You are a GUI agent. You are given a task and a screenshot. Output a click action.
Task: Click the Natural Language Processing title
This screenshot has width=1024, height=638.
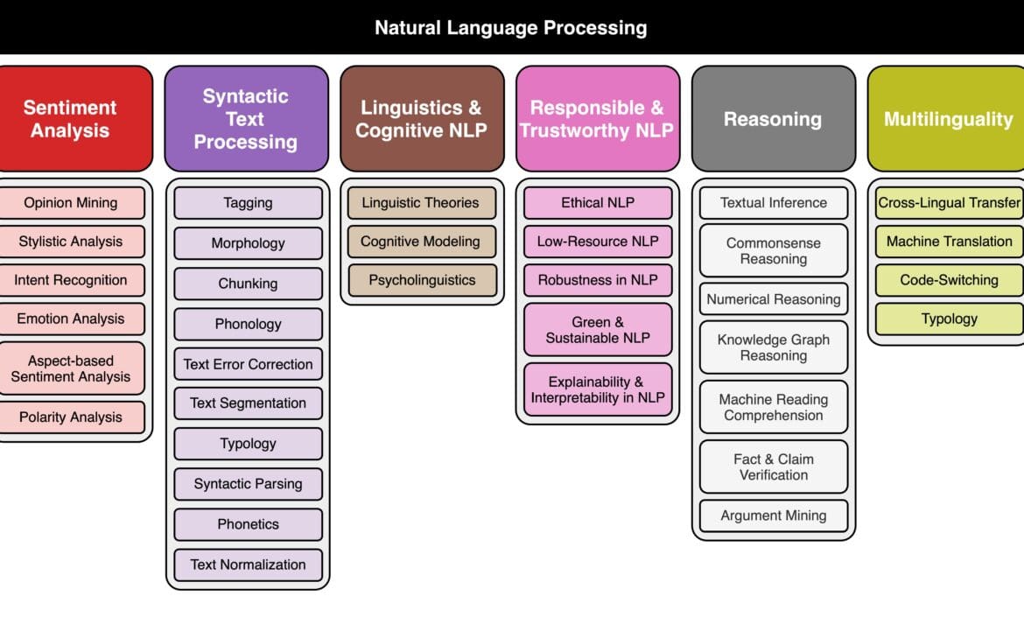pos(511,27)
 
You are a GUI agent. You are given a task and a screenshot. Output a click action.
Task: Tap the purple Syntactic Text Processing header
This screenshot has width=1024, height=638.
pos(246,119)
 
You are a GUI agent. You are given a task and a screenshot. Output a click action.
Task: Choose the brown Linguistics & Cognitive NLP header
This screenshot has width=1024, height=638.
pos(421,119)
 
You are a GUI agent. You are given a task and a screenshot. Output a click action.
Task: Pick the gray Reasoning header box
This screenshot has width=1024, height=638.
pos(773,119)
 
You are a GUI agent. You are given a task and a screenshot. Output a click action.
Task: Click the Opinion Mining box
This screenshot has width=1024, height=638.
pos(71,202)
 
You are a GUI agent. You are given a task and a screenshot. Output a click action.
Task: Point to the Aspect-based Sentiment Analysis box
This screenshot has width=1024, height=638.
pos(71,368)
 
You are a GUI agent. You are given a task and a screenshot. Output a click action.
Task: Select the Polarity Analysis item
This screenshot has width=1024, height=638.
pos(71,417)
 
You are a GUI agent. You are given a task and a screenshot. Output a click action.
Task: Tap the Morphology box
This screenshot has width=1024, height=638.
pos(248,243)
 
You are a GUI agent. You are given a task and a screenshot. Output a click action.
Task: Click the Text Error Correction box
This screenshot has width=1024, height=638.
pos(248,364)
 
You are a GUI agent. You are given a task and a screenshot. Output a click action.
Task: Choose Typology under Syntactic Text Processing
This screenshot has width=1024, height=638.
pos(248,444)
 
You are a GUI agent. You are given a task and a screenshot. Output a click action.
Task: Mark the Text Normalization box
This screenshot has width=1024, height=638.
pos(248,564)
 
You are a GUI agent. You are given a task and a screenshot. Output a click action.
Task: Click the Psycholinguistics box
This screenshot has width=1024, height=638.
pos(422,280)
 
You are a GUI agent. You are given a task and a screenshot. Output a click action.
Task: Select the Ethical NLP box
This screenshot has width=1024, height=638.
pos(598,202)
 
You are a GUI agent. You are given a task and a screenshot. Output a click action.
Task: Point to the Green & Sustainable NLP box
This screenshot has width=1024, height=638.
pos(598,330)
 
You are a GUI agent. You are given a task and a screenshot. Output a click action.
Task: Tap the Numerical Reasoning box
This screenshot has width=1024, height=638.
pos(774,299)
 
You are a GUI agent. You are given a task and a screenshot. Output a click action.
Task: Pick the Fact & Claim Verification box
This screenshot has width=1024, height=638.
pos(774,466)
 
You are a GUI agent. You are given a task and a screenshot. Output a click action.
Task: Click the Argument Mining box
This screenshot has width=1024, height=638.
pos(774,515)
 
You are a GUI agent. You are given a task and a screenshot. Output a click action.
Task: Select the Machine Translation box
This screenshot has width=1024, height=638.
pos(950,242)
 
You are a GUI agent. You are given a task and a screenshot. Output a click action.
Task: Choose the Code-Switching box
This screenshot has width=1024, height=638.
pos(950,280)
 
